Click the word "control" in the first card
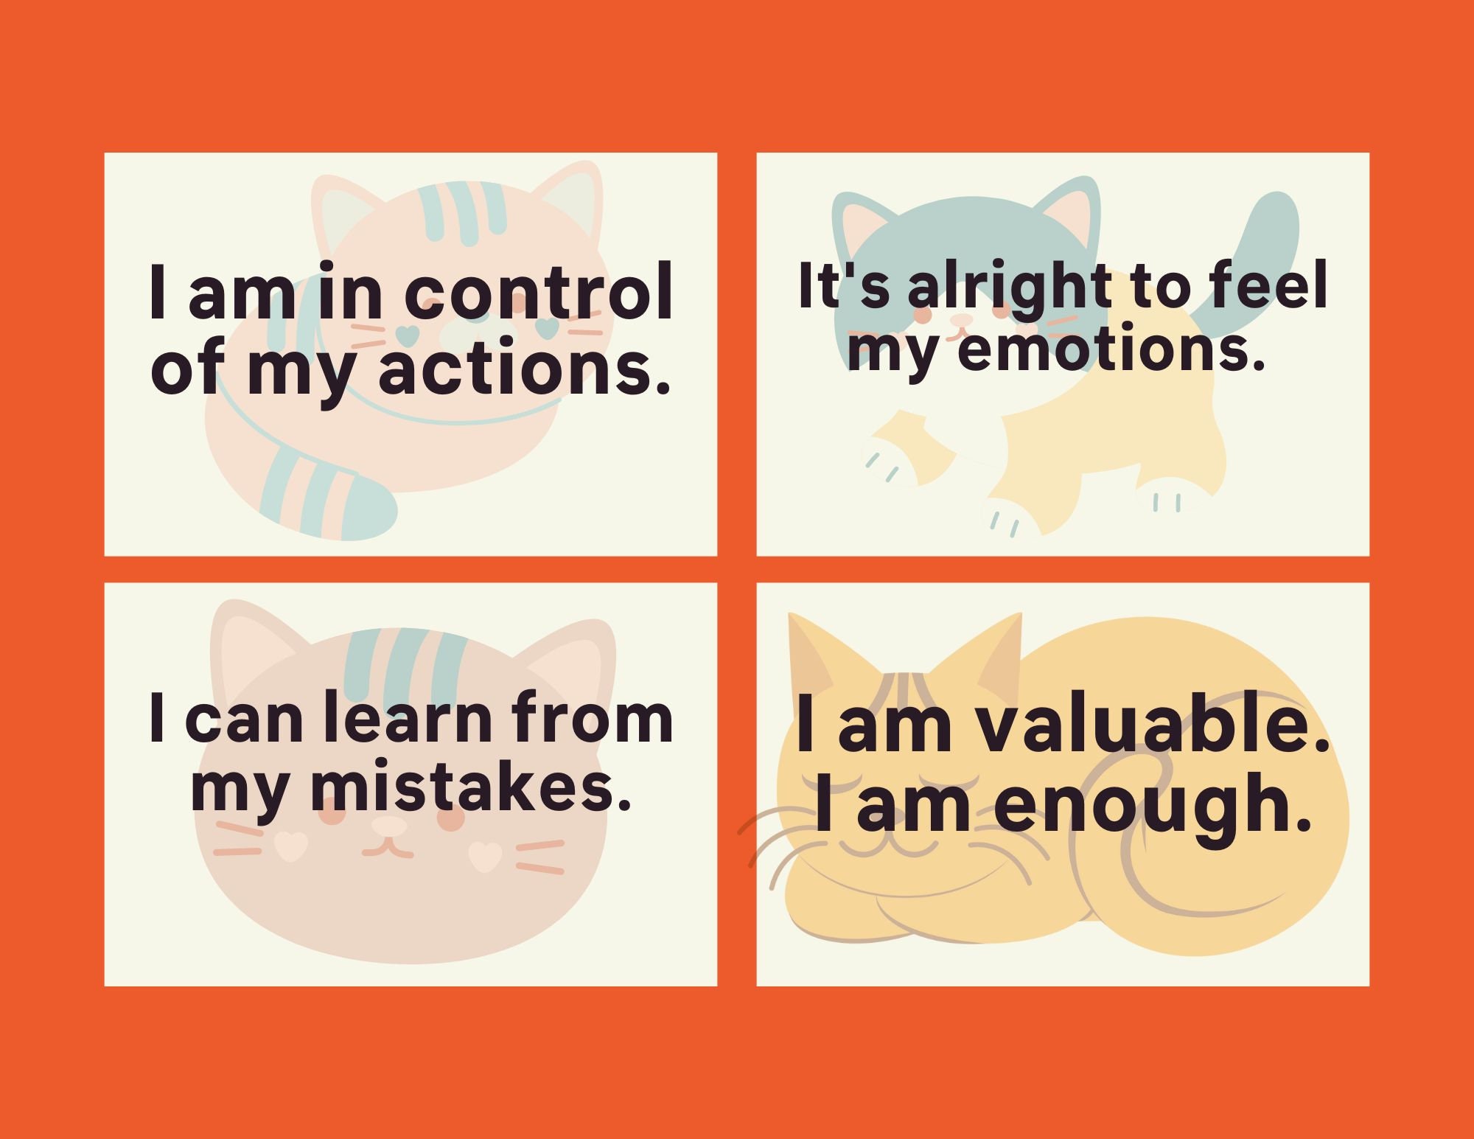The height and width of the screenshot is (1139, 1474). (538, 293)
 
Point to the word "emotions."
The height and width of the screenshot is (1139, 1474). (1111, 350)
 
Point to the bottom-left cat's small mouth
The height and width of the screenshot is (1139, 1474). (388, 848)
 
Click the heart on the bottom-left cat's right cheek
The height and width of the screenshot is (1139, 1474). (485, 855)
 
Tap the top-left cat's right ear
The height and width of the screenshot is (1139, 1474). (571, 199)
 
